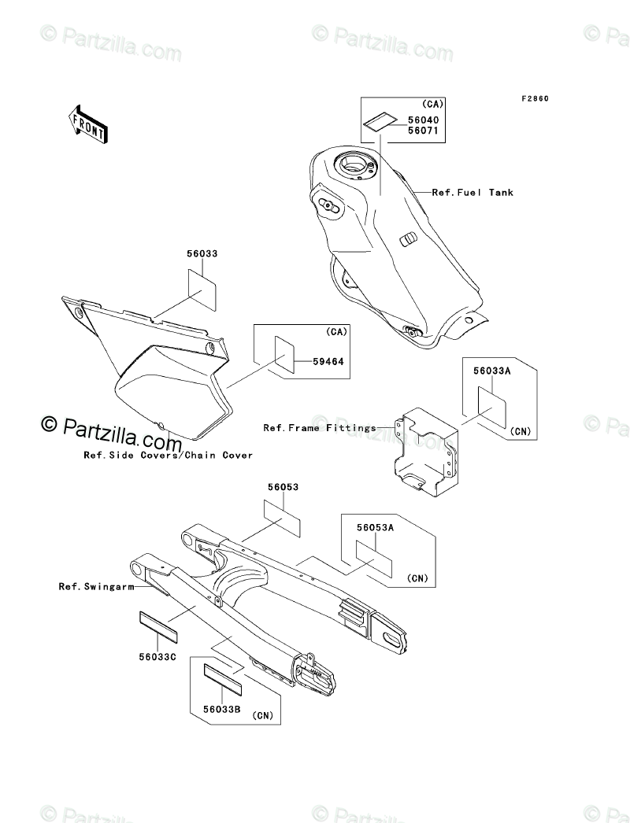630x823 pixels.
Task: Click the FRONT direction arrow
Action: (87, 124)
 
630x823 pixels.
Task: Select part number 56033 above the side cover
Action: (202, 255)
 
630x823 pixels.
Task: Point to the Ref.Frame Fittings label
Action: (319, 428)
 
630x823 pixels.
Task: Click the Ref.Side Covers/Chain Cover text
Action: (169, 455)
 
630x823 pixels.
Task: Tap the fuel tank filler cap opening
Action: (351, 165)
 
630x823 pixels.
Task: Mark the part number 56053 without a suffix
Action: (282, 488)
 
